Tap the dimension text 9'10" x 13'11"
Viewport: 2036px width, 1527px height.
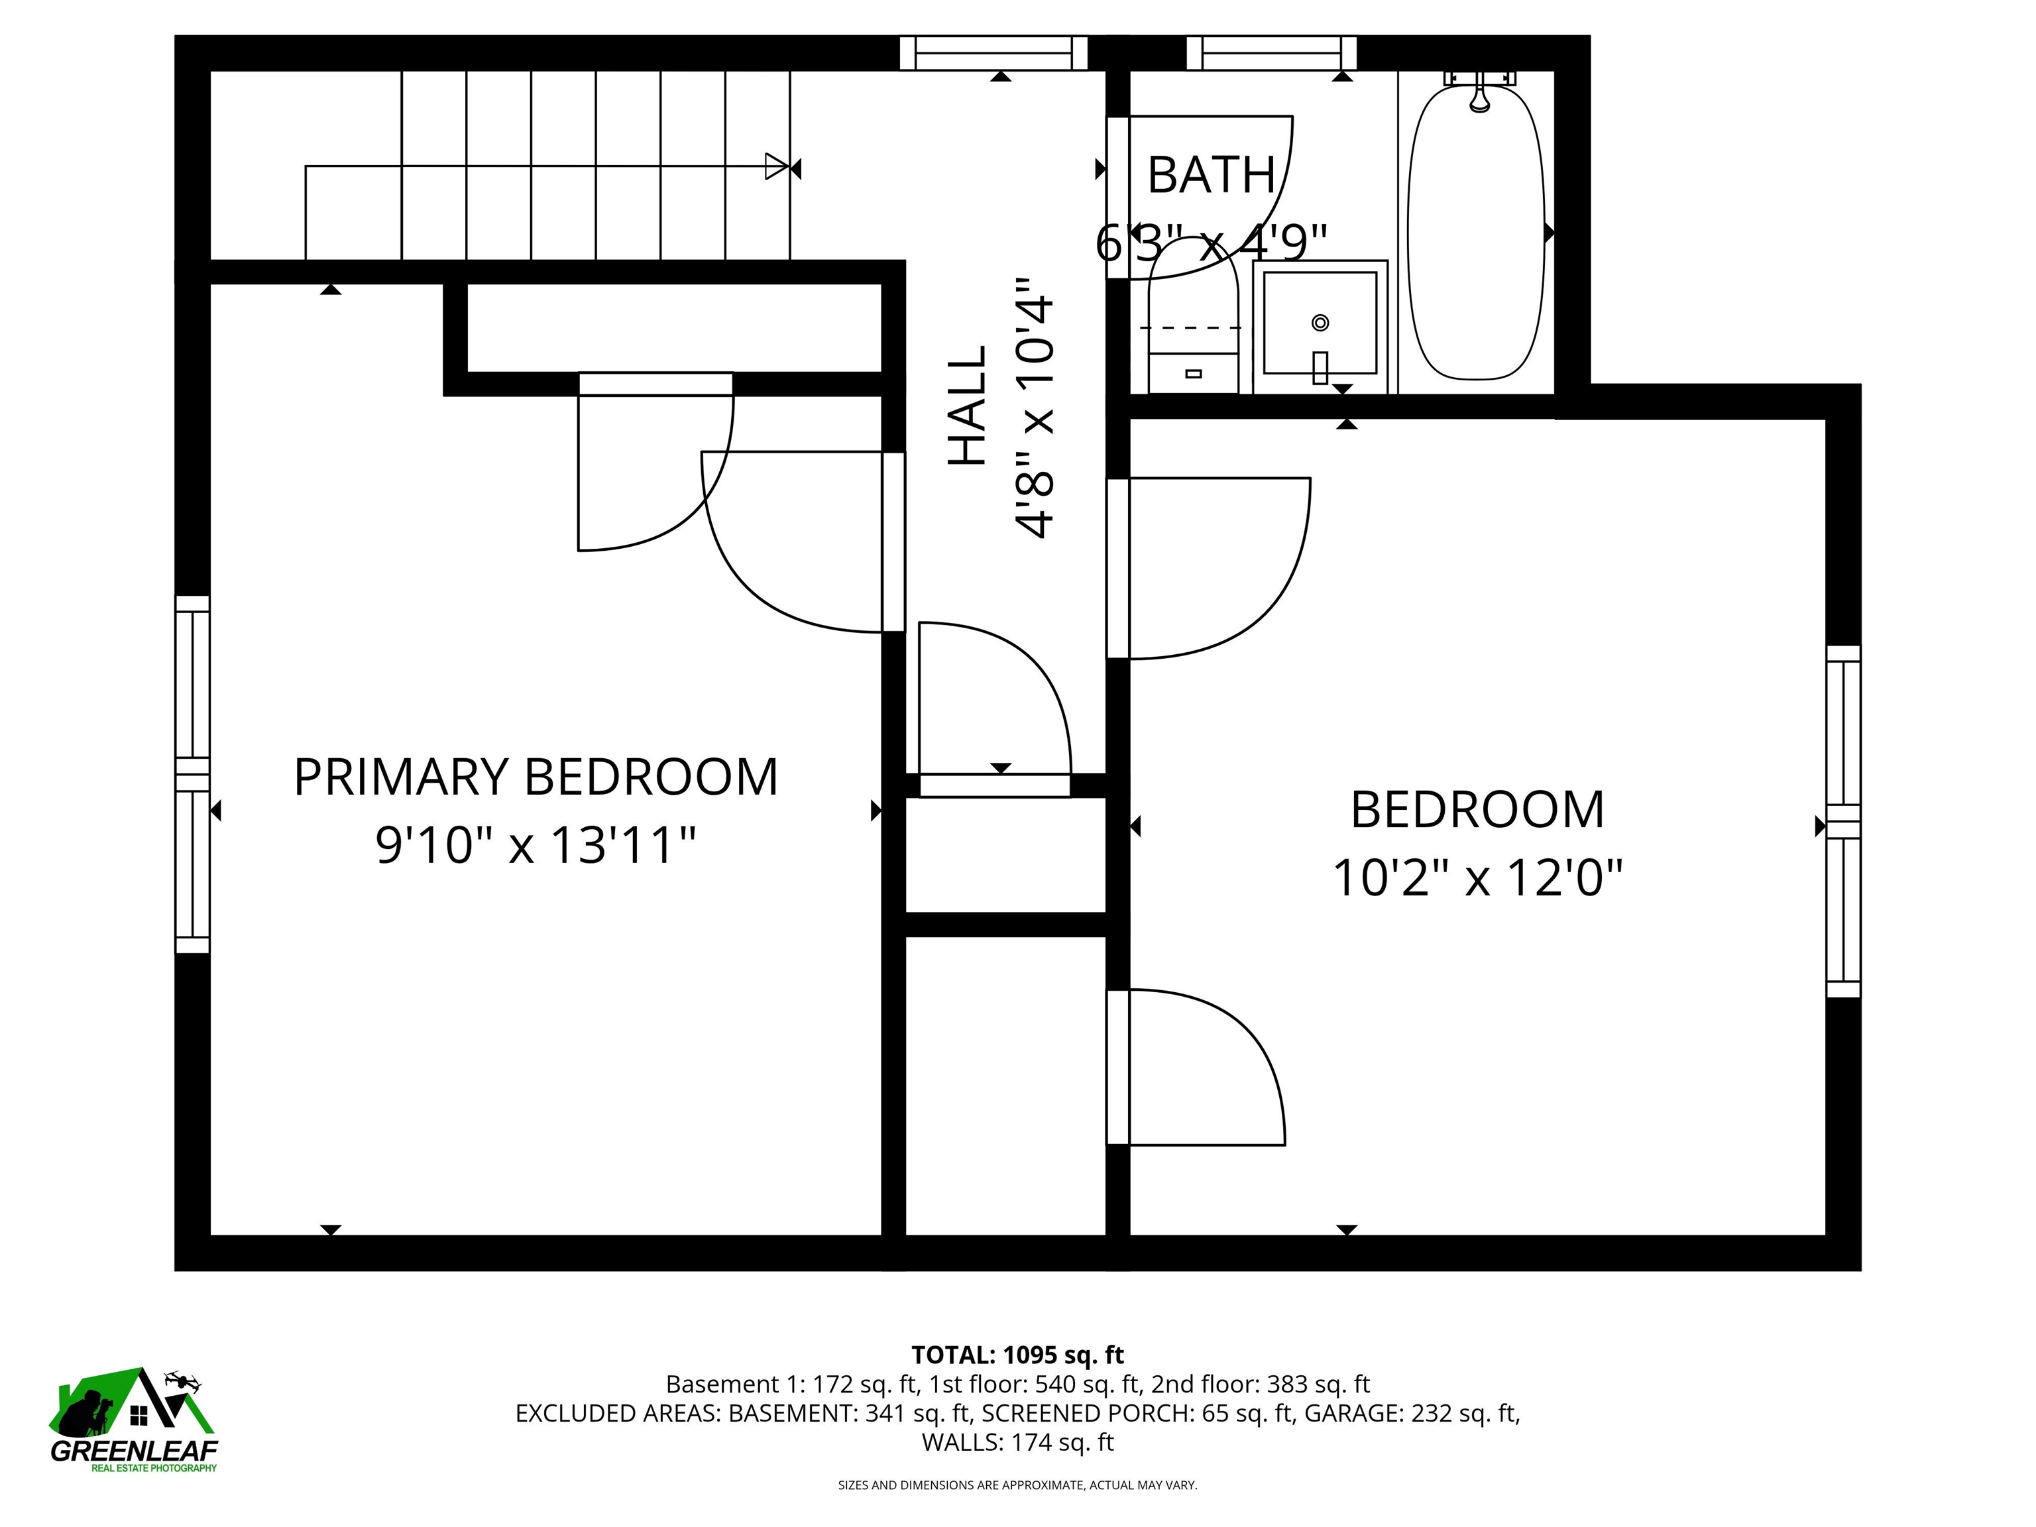tap(536, 845)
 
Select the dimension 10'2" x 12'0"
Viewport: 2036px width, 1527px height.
tap(1477, 877)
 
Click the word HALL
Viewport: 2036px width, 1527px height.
tap(968, 406)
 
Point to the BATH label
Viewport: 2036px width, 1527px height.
tap(1212, 175)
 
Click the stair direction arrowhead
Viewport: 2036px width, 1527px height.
tap(777, 166)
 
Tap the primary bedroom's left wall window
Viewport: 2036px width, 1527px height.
tap(192, 774)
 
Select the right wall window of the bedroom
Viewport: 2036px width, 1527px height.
tap(1842, 821)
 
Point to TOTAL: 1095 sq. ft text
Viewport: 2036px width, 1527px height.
tap(1017, 1355)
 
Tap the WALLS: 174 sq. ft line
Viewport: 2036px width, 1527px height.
tap(1017, 1442)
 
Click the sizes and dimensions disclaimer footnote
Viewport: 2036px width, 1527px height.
tap(1017, 1485)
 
